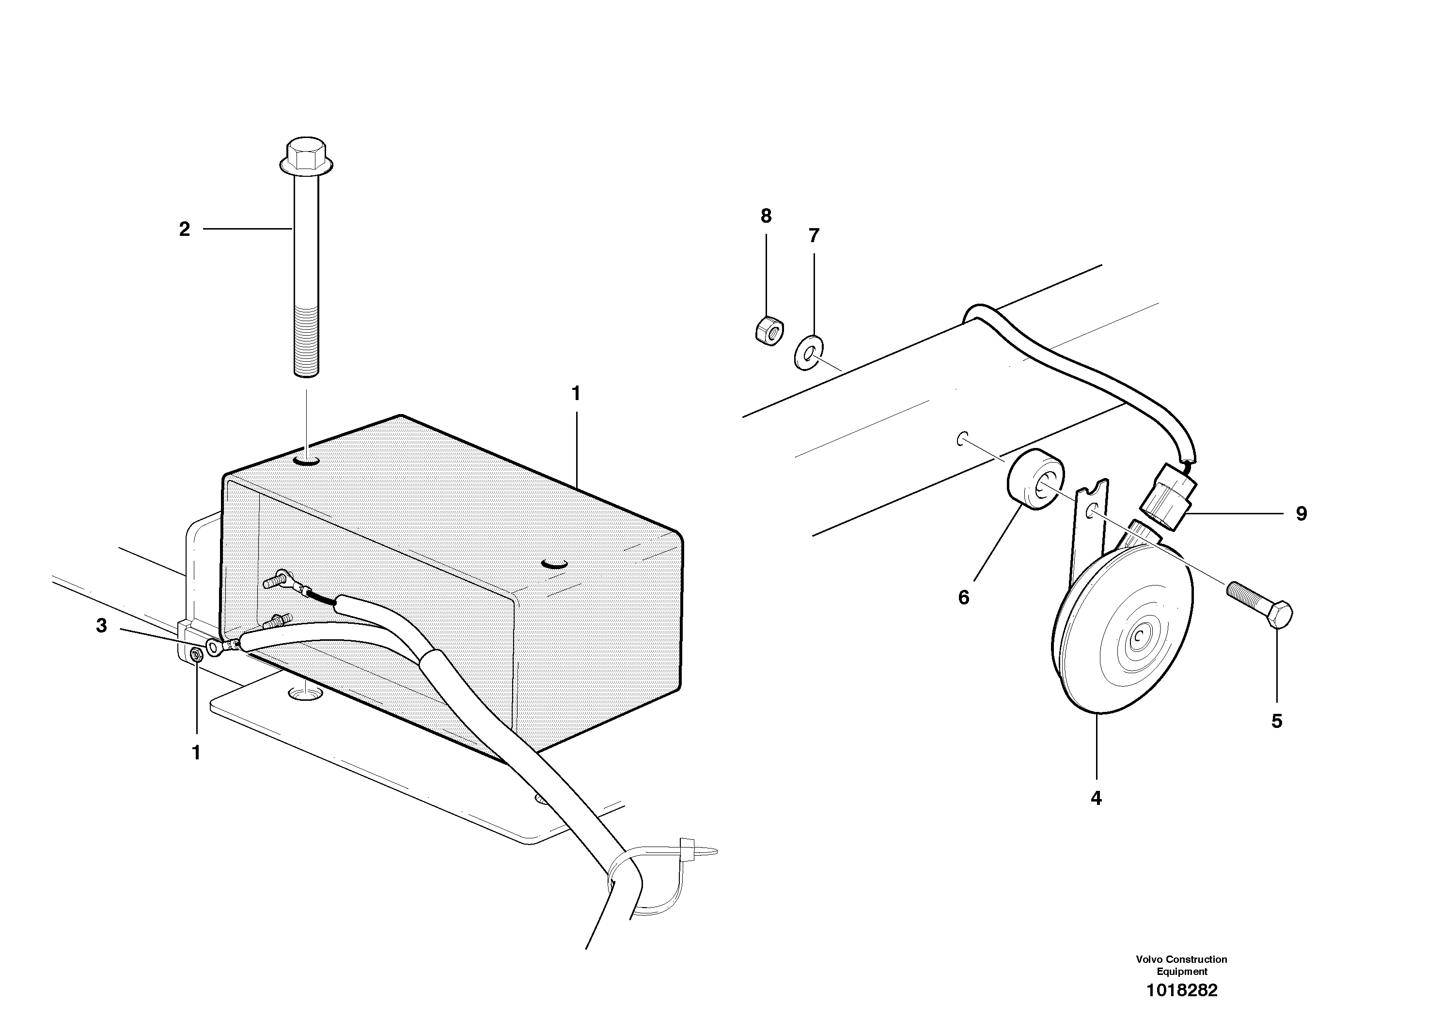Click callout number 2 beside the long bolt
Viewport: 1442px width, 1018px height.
click(184, 230)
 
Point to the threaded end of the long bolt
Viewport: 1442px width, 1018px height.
click(306, 339)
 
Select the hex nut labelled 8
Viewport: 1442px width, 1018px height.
click(768, 329)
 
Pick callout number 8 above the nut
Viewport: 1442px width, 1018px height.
click(766, 216)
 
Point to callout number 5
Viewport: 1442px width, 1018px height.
click(1277, 722)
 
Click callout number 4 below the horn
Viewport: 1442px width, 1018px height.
click(1096, 799)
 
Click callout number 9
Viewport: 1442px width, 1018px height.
click(1302, 514)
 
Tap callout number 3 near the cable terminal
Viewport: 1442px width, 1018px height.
click(101, 626)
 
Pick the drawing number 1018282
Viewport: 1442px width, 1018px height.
click(1181, 990)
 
